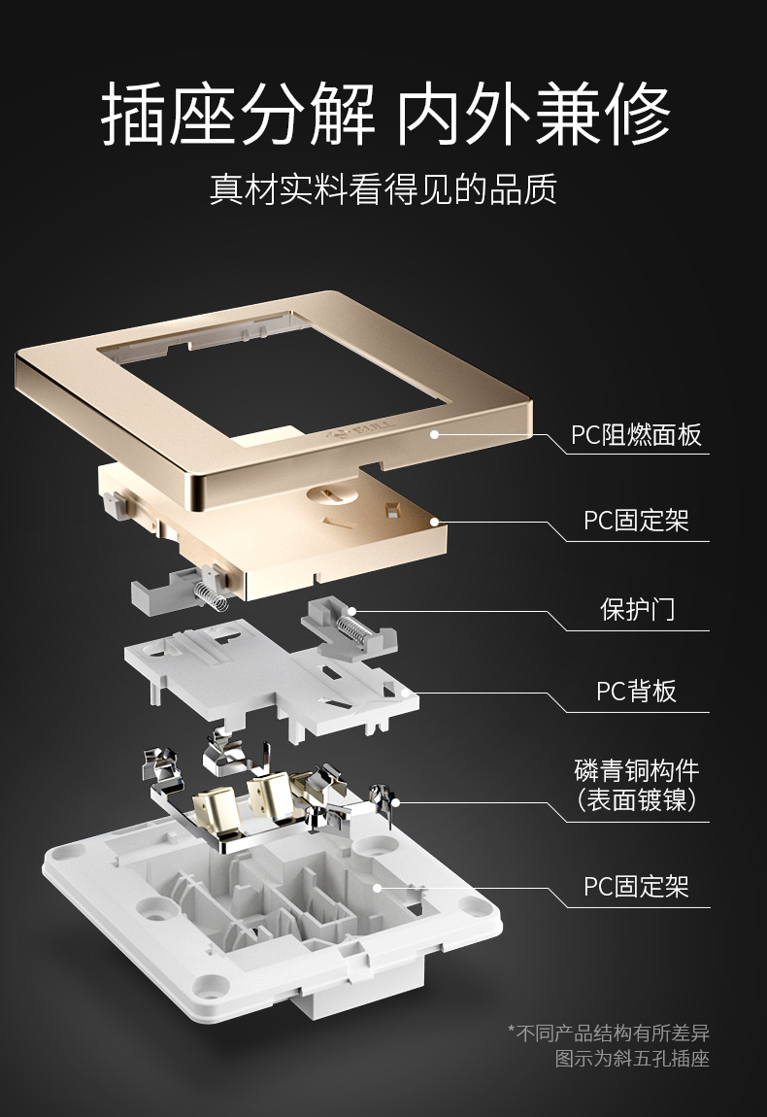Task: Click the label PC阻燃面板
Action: pyautogui.click(x=636, y=434)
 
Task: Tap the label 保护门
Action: pyautogui.click(x=637, y=609)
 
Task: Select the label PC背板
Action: pyautogui.click(x=636, y=691)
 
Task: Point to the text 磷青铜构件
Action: pyautogui.click(x=637, y=770)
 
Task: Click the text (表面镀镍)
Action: pyautogui.click(x=637, y=799)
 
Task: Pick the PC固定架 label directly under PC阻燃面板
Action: pyautogui.click(x=636, y=521)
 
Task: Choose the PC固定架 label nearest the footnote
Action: pyautogui.click(x=636, y=887)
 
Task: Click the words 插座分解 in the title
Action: pyautogui.click(x=238, y=114)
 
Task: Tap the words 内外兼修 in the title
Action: pyautogui.click(x=533, y=114)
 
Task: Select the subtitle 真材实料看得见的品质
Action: pyautogui.click(x=383, y=189)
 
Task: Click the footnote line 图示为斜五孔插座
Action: pyautogui.click(x=632, y=1059)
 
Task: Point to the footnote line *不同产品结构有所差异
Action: pyautogui.click(x=609, y=1032)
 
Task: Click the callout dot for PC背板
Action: pyautogui.click(x=405, y=692)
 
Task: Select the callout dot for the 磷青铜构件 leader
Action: pyautogui.click(x=396, y=803)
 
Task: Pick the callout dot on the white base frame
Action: pyautogui.click(x=378, y=888)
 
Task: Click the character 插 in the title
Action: pyautogui.click(x=135, y=114)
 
